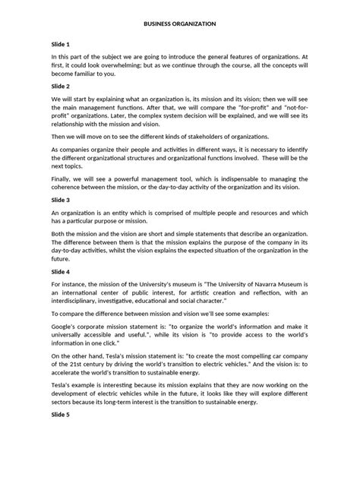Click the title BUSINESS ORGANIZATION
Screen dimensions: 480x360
pos(180,24)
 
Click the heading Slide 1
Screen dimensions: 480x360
pos(62,44)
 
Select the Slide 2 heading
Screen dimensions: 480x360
pos(62,87)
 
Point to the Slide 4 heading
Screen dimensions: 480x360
pos(62,271)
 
